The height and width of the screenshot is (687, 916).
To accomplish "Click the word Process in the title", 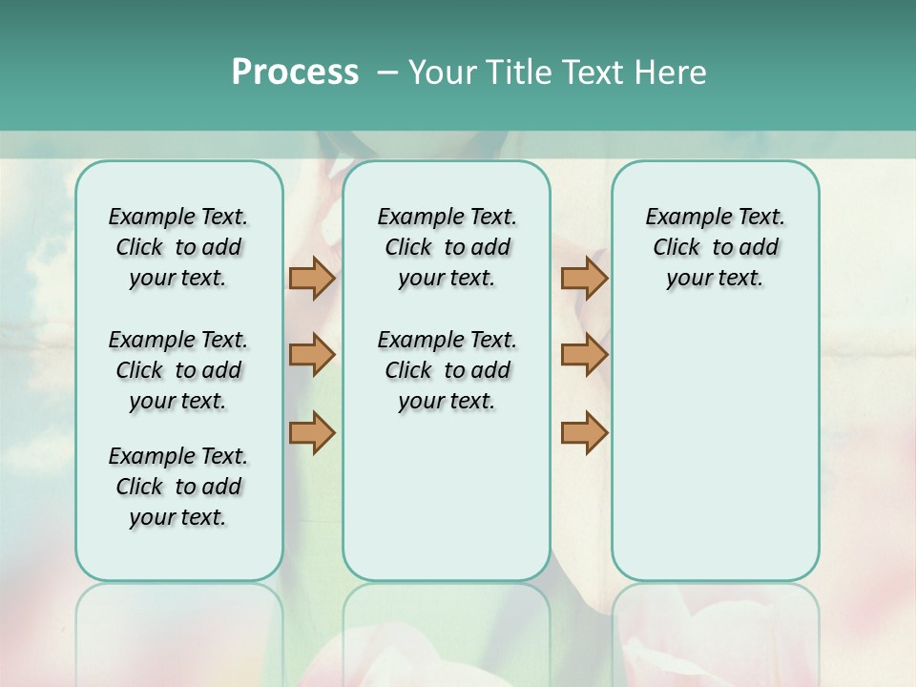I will coord(295,72).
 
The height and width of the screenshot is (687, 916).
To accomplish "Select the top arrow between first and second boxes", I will coord(312,278).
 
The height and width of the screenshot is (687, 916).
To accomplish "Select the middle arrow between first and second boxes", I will coord(312,355).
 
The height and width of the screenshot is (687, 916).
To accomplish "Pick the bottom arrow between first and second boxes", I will coord(312,432).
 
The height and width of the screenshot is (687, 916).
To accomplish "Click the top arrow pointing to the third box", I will coord(584,278).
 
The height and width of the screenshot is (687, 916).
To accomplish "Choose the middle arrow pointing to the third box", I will coord(584,355).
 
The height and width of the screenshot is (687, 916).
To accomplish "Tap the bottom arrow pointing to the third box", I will coord(584,432).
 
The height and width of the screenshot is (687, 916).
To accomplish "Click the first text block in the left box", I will coord(178,247).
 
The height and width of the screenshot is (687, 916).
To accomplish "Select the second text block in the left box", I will coord(178,370).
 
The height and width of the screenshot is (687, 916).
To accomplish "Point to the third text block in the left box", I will coord(178,487).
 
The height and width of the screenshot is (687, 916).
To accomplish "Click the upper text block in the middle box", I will coord(447,247).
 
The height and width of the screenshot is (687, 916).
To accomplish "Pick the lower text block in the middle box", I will coord(447,370).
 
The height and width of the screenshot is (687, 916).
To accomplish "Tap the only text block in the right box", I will coord(716,247).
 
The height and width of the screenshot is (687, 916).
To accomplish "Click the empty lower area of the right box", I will coord(716,458).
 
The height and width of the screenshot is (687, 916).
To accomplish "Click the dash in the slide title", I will coord(387,73).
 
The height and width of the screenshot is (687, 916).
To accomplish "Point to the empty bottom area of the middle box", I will coord(447,506).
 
